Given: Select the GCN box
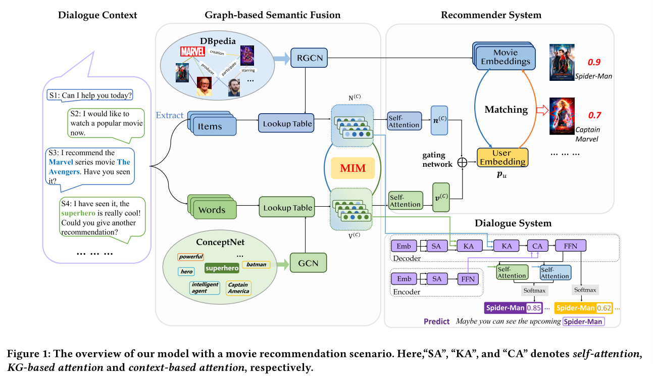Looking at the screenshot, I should tap(308, 263).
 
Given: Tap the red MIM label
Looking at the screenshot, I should tap(353, 168).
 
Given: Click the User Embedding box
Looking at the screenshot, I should tap(502, 157).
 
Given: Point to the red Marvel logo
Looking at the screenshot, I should tap(192, 51).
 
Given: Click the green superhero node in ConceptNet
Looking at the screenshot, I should tap(221, 267).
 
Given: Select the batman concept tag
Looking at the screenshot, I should tap(257, 264).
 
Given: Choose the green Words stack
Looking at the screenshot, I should tap(212, 208).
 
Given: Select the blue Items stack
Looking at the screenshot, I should tap(212, 124).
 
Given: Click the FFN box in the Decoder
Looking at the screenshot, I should tap(570, 246).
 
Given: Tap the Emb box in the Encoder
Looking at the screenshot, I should tap(404, 279).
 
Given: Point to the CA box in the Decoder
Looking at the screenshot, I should tap(536, 246).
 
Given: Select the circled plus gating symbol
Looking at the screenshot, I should tap(462, 162).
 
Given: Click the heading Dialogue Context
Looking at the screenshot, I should tap(97, 15).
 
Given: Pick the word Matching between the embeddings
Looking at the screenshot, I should tap(506, 109).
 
